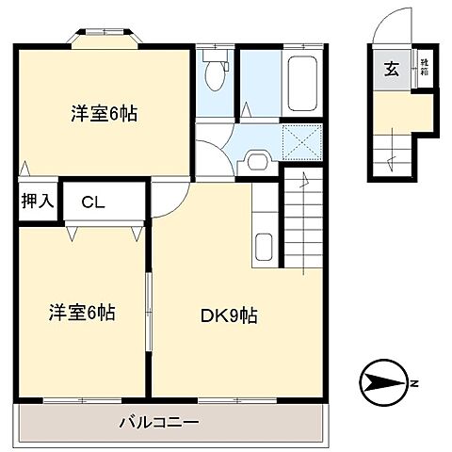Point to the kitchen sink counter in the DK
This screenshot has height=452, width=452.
click(265, 226)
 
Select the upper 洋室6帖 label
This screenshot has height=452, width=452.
click(104, 114)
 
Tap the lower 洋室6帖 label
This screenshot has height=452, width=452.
click(82, 312)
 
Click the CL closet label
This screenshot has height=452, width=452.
click(92, 201)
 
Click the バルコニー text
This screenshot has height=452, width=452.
click(158, 422)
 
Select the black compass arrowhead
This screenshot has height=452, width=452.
click(381, 382)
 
